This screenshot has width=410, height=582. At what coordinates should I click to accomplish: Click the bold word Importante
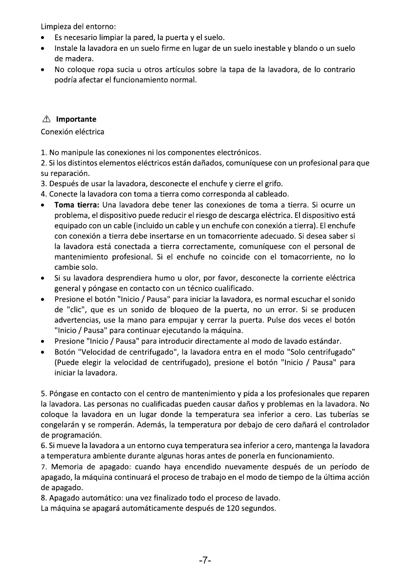[76, 119]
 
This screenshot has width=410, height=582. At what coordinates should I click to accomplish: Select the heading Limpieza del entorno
[78, 26]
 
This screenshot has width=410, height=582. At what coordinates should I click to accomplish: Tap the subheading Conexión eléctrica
[72, 132]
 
